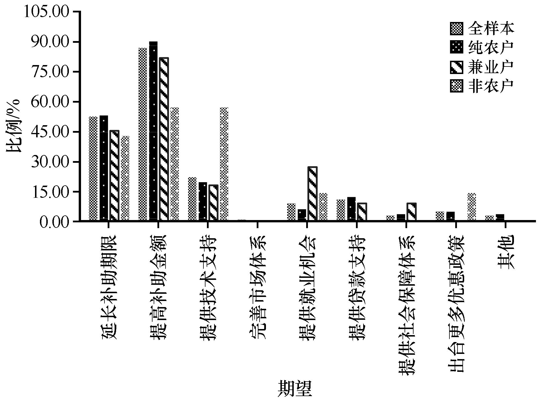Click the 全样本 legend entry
(482, 28)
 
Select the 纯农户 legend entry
(482, 47)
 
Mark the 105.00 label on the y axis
(47, 12)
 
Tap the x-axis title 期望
(295, 389)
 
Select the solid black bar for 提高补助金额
(153, 132)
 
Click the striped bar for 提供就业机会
(313, 194)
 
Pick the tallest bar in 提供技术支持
(224, 164)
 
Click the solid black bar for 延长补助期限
(104, 168)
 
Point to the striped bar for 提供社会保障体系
(412, 212)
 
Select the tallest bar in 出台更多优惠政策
(472, 207)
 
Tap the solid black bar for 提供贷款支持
(351, 209)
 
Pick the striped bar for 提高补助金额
(164, 139)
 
